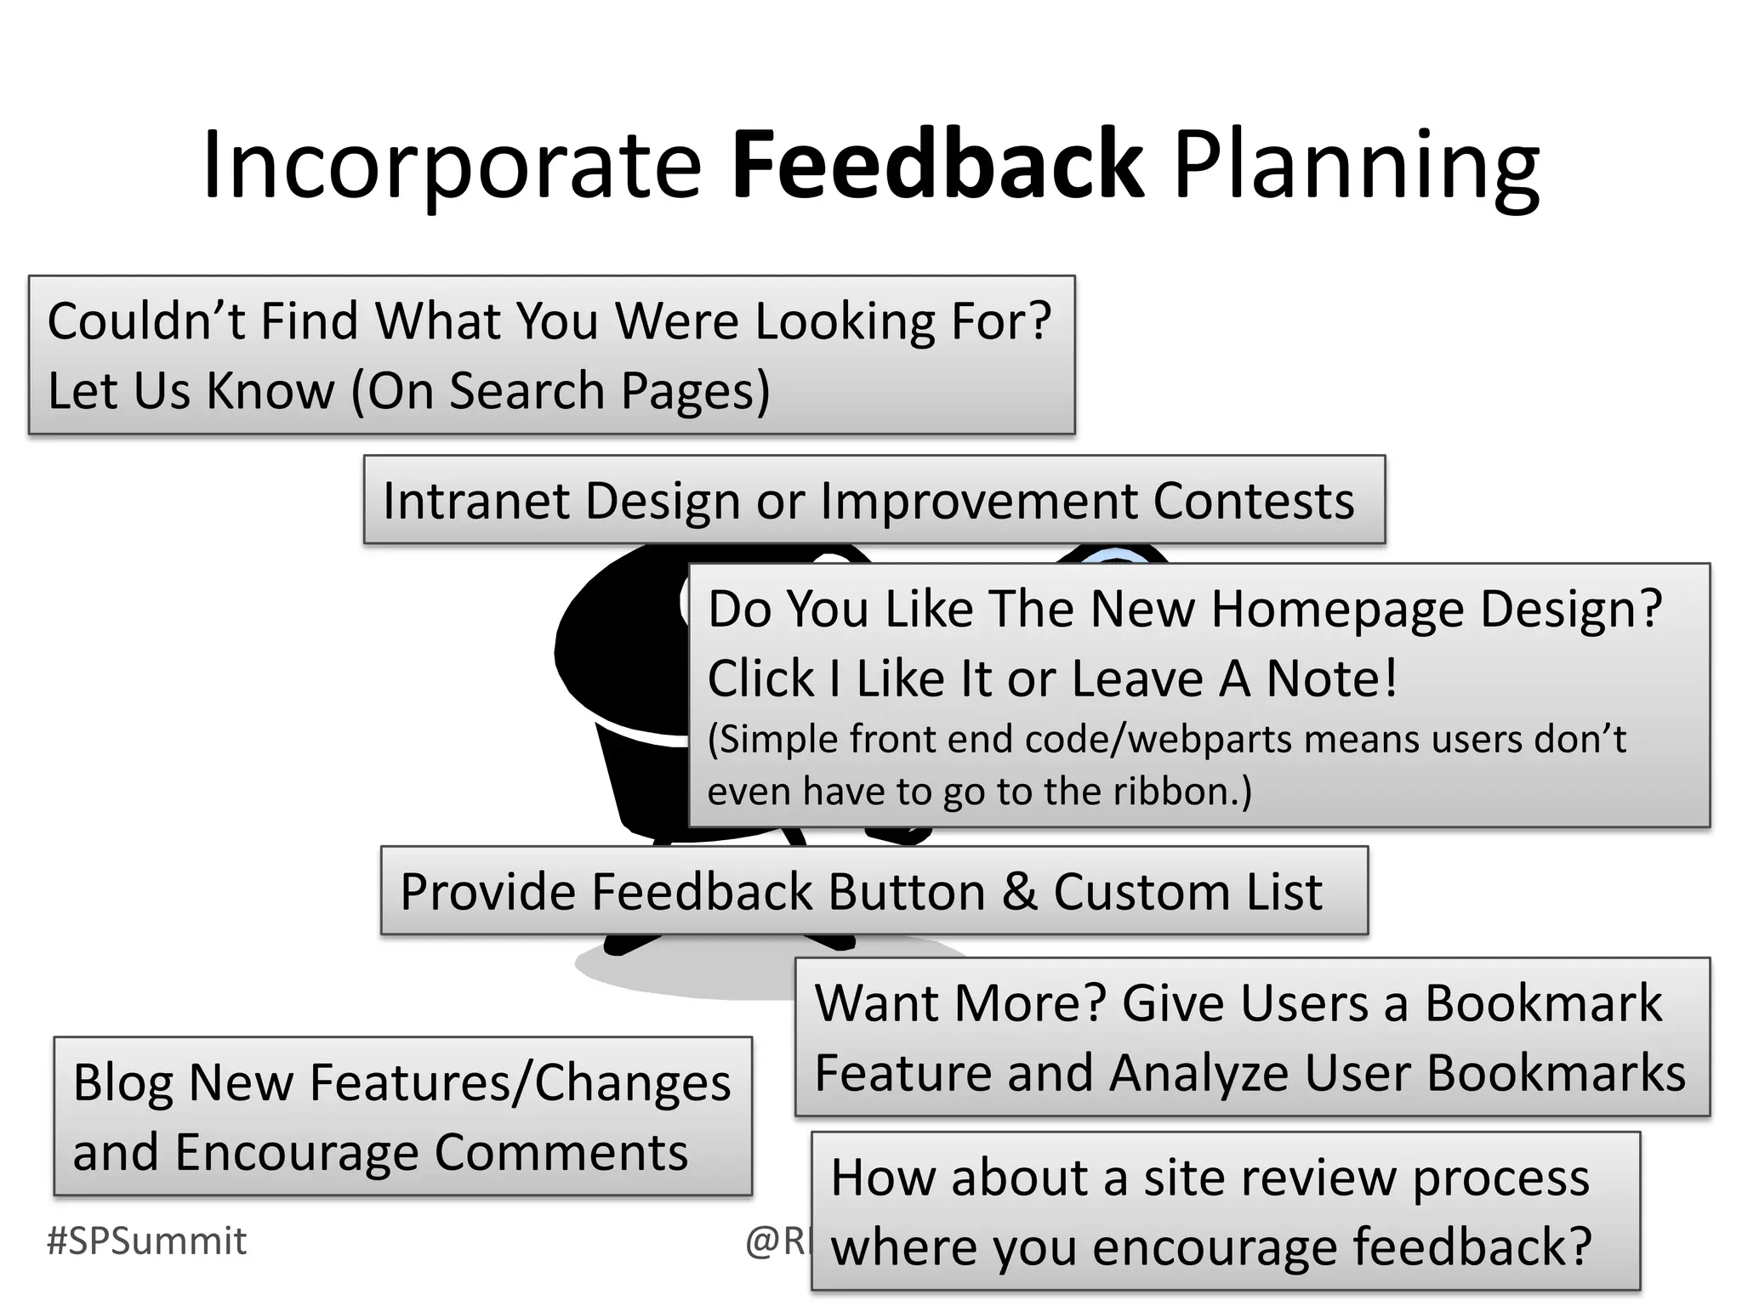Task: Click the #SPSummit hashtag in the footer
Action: (x=146, y=1241)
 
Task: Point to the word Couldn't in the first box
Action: (x=145, y=321)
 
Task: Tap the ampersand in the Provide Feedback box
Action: (x=1020, y=892)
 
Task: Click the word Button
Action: (x=907, y=892)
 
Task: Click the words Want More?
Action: (x=959, y=1003)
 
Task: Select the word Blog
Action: (x=122, y=1083)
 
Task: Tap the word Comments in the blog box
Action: (x=561, y=1153)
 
